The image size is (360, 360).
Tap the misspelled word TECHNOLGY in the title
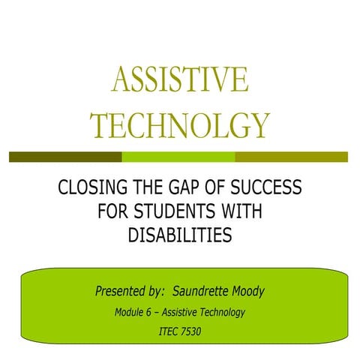point(179,125)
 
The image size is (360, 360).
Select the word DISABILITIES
point(179,235)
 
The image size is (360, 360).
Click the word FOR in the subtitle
point(113,211)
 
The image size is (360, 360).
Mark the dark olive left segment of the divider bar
point(65,157)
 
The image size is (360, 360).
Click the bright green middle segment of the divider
point(178,157)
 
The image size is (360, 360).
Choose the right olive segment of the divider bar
point(291,157)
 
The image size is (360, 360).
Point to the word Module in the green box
point(130,311)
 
